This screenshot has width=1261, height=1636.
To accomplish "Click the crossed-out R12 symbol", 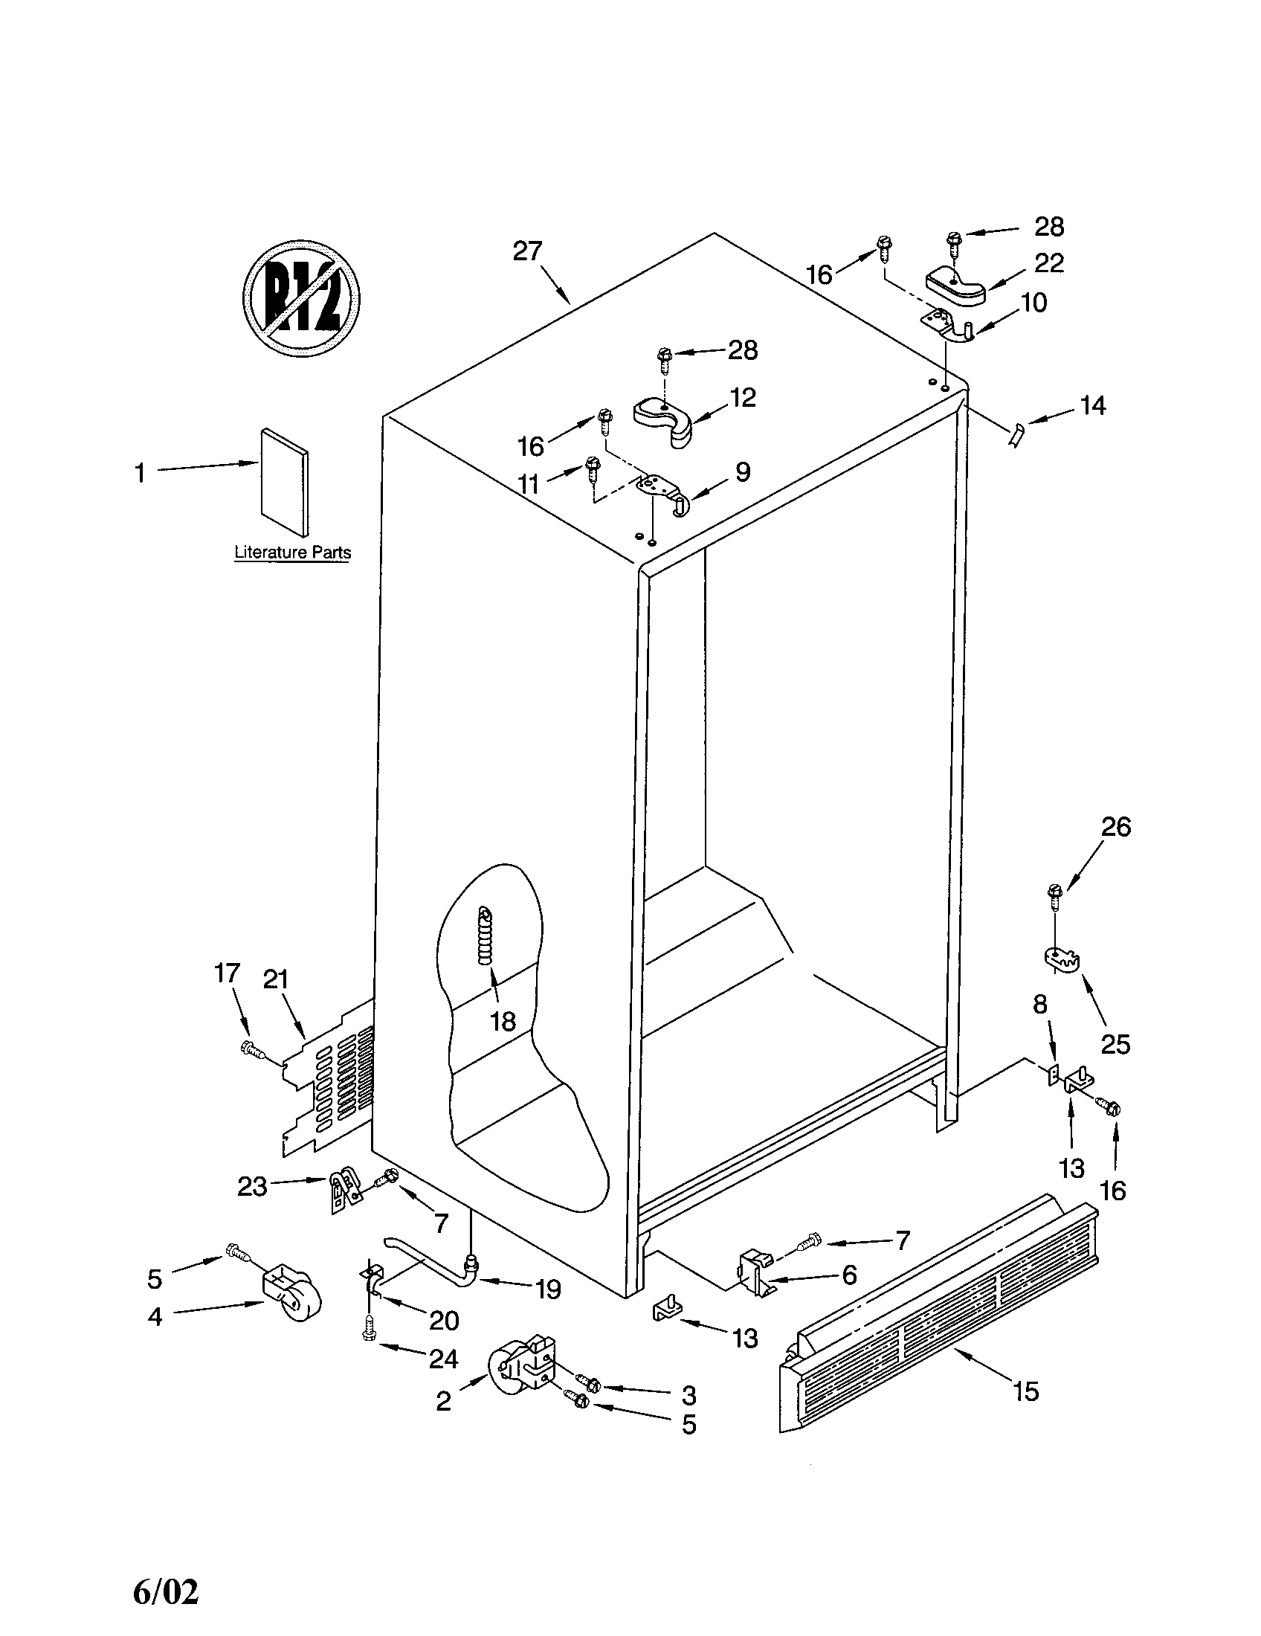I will click(x=300, y=297).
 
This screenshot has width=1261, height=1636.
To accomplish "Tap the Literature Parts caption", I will click(x=292, y=553).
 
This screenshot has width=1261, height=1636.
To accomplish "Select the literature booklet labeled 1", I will click(x=284, y=482).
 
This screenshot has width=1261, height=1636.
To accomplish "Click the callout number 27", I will click(x=527, y=251).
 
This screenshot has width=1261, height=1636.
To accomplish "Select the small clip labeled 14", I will click(x=1016, y=434).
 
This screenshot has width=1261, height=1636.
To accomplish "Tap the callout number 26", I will click(x=1115, y=827).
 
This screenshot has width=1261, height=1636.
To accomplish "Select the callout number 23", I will click(x=252, y=1187).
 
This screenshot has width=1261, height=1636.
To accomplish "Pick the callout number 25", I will click(x=1115, y=1044).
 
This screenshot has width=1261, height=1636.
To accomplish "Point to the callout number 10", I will click(x=1033, y=303).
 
